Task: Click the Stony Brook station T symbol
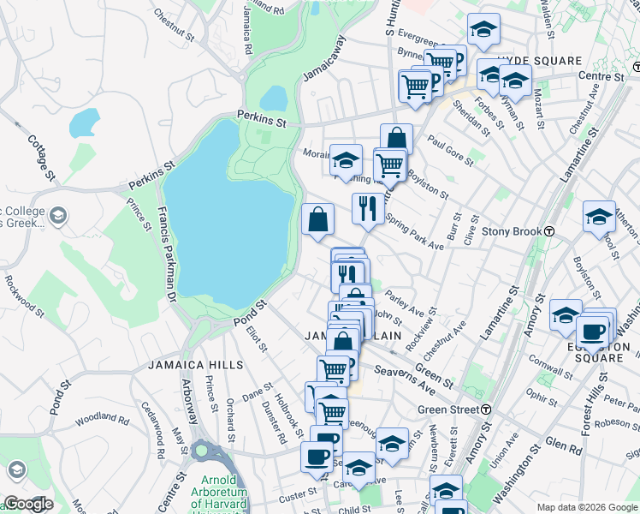tap(552, 231)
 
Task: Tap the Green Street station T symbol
tap(485, 409)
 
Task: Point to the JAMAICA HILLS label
tap(195, 364)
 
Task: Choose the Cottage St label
tap(41, 156)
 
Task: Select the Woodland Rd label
tap(101, 420)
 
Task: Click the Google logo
tap(27, 504)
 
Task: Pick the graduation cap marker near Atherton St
tap(599, 217)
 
